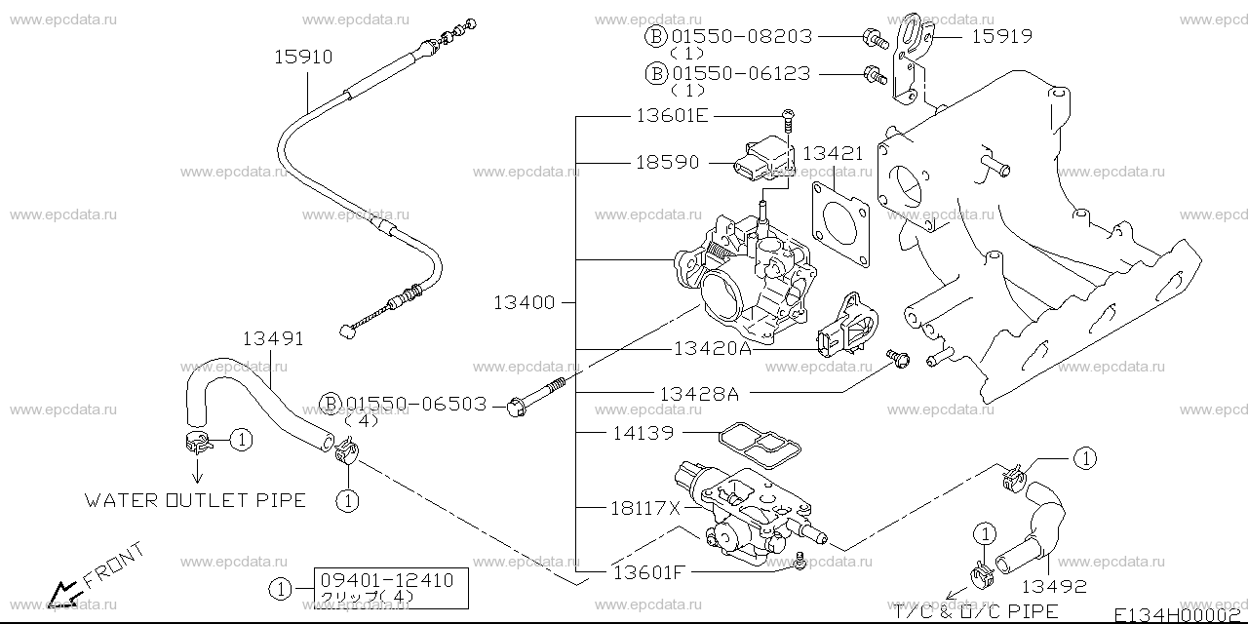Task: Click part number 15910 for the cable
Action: point(303,58)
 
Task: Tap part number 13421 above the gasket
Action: point(835,153)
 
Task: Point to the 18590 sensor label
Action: point(668,163)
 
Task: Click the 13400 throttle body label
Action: point(524,302)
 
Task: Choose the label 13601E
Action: point(673,116)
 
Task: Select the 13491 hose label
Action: point(273,339)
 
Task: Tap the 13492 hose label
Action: point(1054,587)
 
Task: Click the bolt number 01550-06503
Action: point(416,403)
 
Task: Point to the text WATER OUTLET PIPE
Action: point(195,501)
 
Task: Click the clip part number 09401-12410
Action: point(387,580)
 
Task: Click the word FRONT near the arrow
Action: point(113,565)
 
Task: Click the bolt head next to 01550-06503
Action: point(516,405)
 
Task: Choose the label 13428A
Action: point(699,393)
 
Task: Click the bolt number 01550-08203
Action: point(743,37)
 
